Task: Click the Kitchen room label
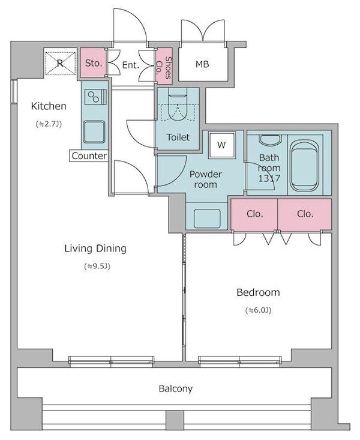pyautogui.click(x=49, y=106)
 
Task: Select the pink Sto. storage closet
pyautogui.click(x=93, y=63)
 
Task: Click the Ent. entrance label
pyautogui.click(x=131, y=65)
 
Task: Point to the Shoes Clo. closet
pyautogui.click(x=164, y=67)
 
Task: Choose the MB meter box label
pyautogui.click(x=202, y=64)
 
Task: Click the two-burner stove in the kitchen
pyautogui.click(x=95, y=97)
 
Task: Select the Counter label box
pyautogui.click(x=89, y=155)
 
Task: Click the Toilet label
pyautogui.click(x=178, y=137)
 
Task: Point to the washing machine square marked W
pyautogui.click(x=221, y=145)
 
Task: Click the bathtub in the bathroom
pyautogui.click(x=304, y=166)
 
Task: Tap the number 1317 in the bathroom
pyautogui.click(x=269, y=178)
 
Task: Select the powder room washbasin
pyautogui.click(x=207, y=218)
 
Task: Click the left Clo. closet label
pyautogui.click(x=255, y=214)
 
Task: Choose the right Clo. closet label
pyautogui.click(x=305, y=214)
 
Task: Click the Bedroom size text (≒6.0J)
pyautogui.click(x=258, y=310)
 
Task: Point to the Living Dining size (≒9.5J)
pyautogui.click(x=97, y=267)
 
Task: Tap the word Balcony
pyautogui.click(x=176, y=388)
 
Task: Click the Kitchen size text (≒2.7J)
pyautogui.click(x=49, y=124)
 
